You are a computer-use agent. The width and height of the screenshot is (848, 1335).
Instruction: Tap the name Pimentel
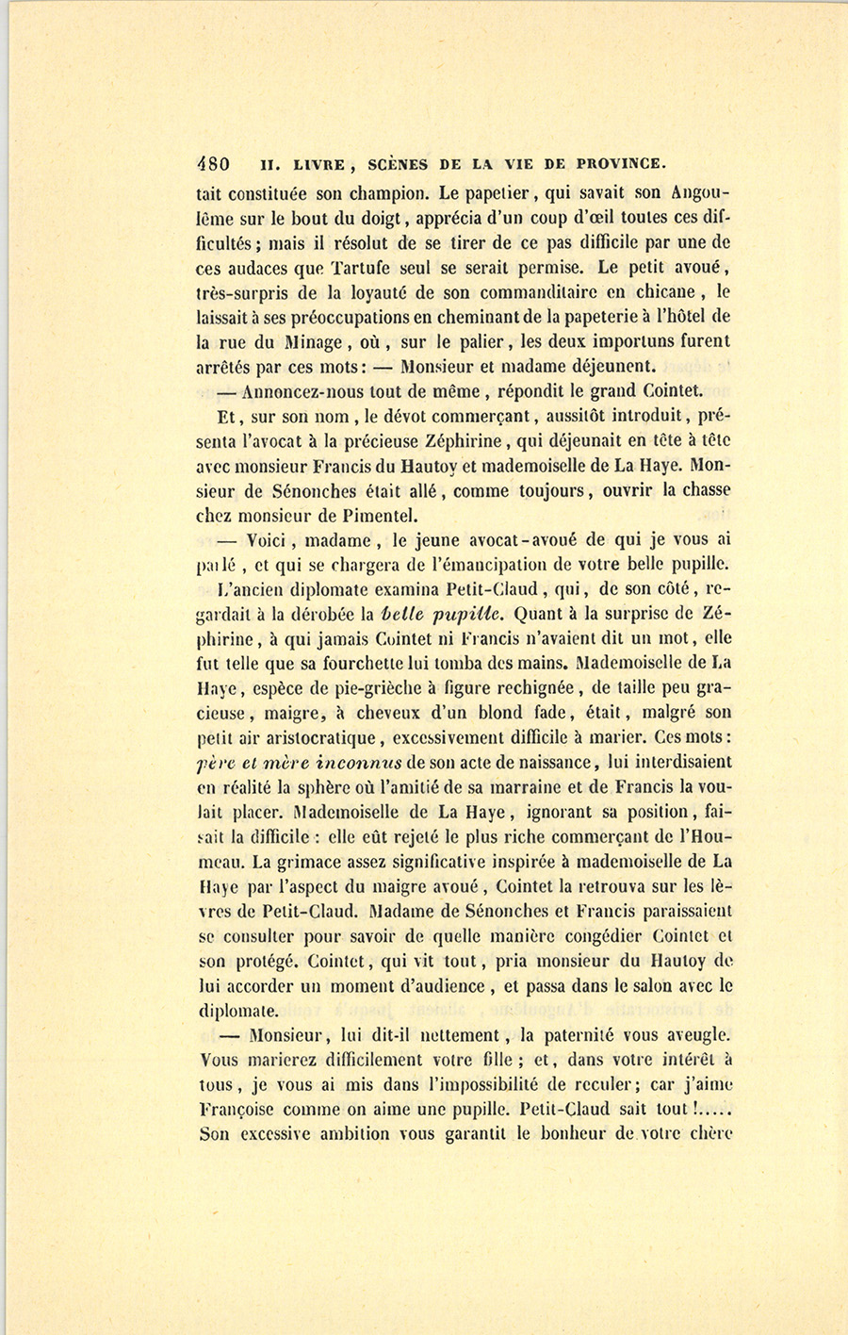coord(381,515)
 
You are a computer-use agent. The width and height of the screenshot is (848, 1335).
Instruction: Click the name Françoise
coord(236,1109)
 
